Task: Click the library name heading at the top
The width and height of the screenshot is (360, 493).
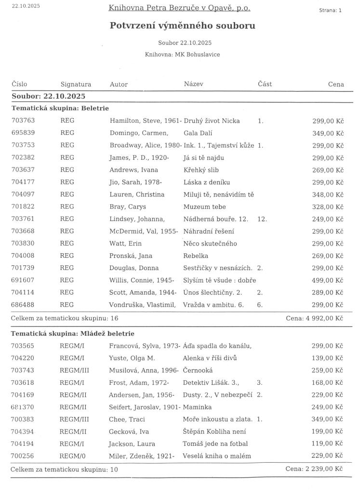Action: point(179,8)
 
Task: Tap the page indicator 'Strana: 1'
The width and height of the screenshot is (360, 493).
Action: point(330,10)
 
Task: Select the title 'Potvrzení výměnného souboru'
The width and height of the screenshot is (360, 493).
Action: point(183,26)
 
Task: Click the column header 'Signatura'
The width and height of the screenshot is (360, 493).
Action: point(76,84)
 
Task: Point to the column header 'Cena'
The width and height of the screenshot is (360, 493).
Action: point(336,84)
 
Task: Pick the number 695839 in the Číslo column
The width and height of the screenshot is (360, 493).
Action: point(23,133)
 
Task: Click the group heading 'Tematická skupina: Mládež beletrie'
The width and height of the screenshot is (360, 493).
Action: point(73,333)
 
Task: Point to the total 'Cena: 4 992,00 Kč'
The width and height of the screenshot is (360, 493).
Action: point(314,318)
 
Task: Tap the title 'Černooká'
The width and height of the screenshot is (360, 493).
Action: point(198,370)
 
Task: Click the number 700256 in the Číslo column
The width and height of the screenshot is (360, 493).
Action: point(23,455)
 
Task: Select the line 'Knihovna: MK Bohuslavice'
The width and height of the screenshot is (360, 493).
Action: point(182,54)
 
